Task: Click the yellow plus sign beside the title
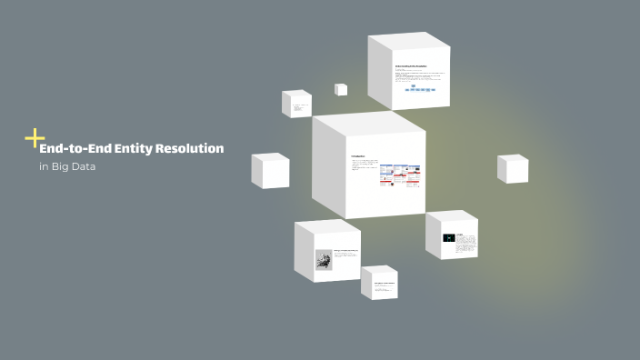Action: pyautogui.click(x=35, y=138)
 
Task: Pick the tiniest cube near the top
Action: pyautogui.click(x=341, y=89)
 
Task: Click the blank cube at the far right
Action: pyautogui.click(x=513, y=169)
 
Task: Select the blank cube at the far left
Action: pyautogui.click(x=270, y=171)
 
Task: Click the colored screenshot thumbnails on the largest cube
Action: pyautogui.click(x=400, y=175)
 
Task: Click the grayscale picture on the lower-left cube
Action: pyautogui.click(x=324, y=260)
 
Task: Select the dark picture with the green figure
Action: pyautogui.click(x=448, y=238)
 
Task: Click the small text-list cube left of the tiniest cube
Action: pyautogui.click(x=297, y=105)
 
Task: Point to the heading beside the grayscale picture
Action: pyautogui.click(x=346, y=250)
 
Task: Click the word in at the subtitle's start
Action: pyautogui.click(x=43, y=167)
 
